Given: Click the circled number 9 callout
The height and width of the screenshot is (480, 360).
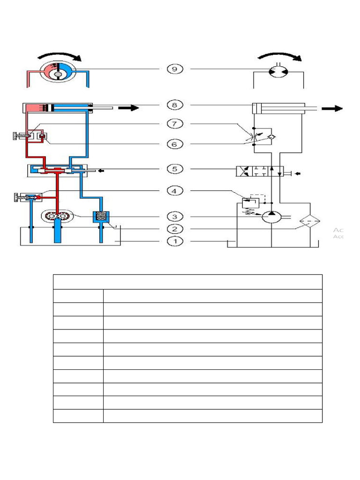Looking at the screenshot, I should click(x=175, y=69).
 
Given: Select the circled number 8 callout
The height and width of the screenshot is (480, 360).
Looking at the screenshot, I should click(x=175, y=105).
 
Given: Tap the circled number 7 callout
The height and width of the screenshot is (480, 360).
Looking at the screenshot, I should click(x=175, y=124).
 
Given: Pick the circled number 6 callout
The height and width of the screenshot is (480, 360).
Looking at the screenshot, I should click(x=175, y=144).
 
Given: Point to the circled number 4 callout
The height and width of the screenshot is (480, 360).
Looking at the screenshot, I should click(x=175, y=191).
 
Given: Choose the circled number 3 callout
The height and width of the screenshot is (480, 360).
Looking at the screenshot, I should click(x=175, y=217).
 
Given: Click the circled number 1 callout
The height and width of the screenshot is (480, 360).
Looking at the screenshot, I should click(x=175, y=241).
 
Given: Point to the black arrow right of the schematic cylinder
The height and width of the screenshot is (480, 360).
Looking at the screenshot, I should click(x=334, y=109).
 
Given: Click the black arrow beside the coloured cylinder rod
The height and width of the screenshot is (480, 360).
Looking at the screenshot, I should click(x=128, y=108).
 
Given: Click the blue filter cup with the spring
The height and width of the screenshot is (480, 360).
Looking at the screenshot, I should click(x=102, y=217).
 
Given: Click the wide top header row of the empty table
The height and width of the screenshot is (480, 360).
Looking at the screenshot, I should click(x=187, y=282).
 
